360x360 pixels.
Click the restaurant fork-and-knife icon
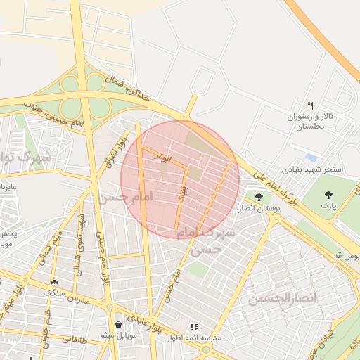(311, 105)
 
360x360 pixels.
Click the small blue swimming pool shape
(311, 157)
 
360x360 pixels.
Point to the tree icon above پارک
(327, 194)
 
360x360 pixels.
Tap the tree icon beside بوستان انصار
(259, 198)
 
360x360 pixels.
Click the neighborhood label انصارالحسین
(282, 299)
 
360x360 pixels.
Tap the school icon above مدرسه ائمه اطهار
(195, 327)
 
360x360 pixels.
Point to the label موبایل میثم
(117, 335)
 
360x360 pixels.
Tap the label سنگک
(54, 292)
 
